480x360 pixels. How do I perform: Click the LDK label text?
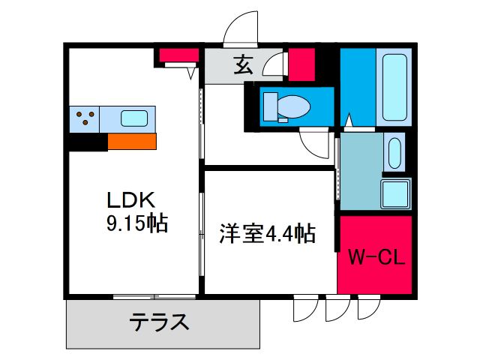[x=131, y=200]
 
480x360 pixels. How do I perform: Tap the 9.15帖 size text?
[x=137, y=223]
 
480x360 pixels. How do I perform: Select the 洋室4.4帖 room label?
[x=267, y=234]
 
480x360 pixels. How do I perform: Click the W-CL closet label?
[x=376, y=257]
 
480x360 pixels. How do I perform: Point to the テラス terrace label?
[x=159, y=322]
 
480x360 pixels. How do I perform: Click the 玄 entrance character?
[x=243, y=64]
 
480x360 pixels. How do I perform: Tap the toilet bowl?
[x=293, y=106]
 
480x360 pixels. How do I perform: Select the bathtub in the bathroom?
[x=394, y=87]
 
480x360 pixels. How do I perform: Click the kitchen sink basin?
[x=134, y=118]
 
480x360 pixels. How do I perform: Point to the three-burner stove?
[x=85, y=119]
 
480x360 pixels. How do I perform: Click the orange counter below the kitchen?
[x=132, y=141]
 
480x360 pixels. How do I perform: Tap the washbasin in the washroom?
[x=394, y=153]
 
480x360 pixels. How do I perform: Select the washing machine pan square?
[x=395, y=194]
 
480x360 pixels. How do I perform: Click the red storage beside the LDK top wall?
[x=179, y=55]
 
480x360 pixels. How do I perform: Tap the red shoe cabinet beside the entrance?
[x=301, y=64]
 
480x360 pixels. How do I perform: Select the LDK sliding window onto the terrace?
[x=154, y=297]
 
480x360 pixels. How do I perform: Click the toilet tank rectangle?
[x=270, y=106]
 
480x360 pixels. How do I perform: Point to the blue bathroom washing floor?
[x=358, y=87]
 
